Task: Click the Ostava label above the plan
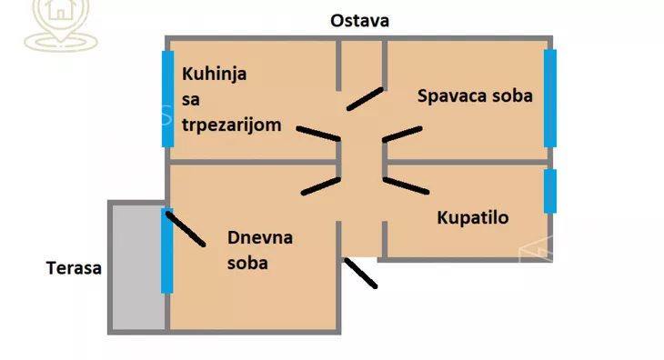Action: (x=359, y=20)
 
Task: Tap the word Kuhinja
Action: (x=215, y=74)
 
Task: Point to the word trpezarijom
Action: (x=232, y=125)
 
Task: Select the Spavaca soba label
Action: (x=475, y=95)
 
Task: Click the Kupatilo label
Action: (x=472, y=217)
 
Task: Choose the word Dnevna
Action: (x=260, y=238)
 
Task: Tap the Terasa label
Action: (x=75, y=268)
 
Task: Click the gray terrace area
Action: (x=137, y=268)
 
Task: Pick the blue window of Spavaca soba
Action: (x=550, y=98)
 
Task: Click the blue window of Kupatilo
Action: (x=550, y=191)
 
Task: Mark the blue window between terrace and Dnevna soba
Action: (x=167, y=251)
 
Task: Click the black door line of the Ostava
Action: (x=365, y=97)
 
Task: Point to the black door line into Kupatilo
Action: (x=406, y=185)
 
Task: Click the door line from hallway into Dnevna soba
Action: (x=320, y=185)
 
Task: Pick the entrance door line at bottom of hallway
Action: (x=360, y=273)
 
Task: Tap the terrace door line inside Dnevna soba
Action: (x=186, y=228)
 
